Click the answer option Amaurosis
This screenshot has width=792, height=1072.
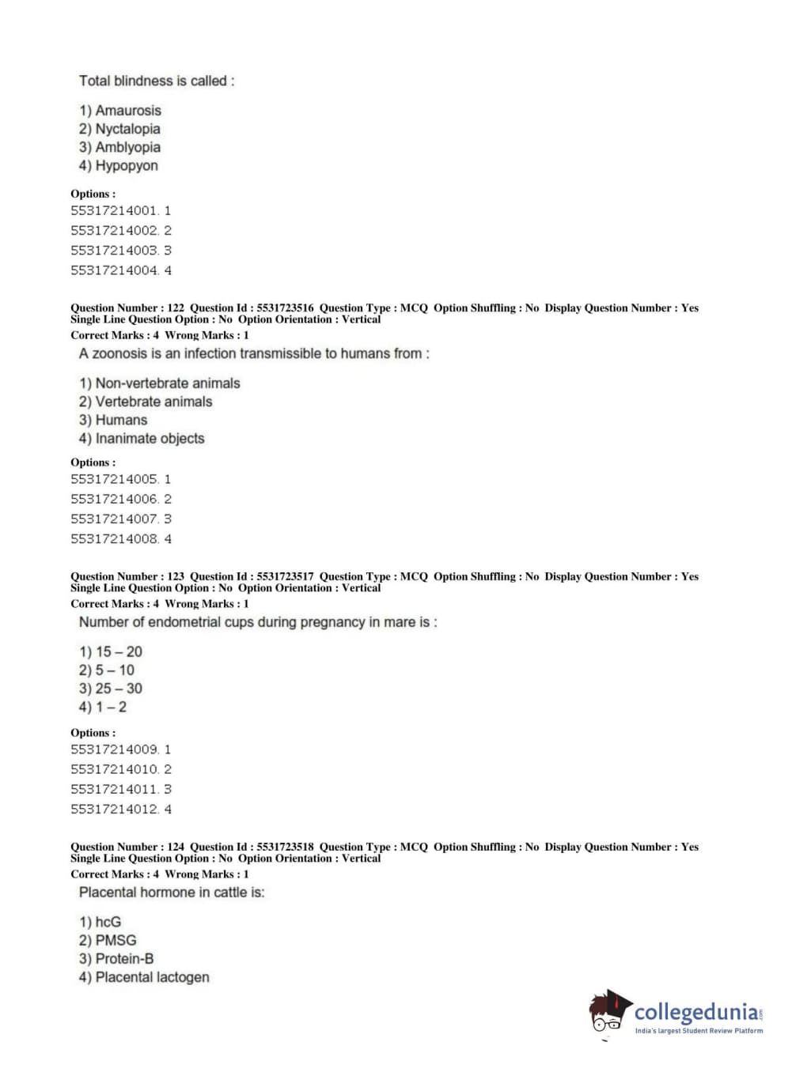point(127,111)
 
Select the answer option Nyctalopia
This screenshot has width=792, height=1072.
point(127,129)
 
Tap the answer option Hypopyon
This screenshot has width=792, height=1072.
point(126,166)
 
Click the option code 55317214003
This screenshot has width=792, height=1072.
point(114,251)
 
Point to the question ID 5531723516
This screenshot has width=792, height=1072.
point(285,308)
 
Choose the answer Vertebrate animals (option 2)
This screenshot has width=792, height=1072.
point(153,402)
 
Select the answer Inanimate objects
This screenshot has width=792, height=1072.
point(150,439)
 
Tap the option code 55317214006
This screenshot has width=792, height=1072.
point(114,500)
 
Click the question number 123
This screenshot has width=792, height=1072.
point(176,577)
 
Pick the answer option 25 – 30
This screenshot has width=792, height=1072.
point(119,689)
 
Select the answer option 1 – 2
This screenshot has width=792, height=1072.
point(111,708)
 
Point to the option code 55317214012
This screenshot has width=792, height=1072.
point(114,810)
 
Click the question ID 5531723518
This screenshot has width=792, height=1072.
point(285,847)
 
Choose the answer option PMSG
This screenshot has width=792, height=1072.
point(116,941)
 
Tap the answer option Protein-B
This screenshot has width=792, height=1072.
point(124,959)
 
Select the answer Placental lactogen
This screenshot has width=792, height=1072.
point(152,978)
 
